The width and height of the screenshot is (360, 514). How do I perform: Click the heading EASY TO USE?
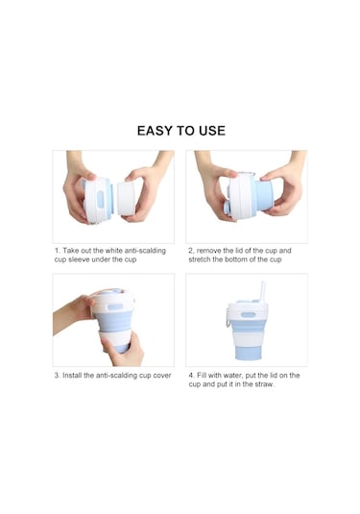point(180,131)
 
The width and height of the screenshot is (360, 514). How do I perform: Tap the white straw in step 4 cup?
point(263,293)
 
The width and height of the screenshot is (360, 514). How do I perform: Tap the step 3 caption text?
point(113,375)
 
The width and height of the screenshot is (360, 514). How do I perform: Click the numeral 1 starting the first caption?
point(57,250)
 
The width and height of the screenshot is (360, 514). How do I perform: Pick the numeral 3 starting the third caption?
point(57,375)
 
